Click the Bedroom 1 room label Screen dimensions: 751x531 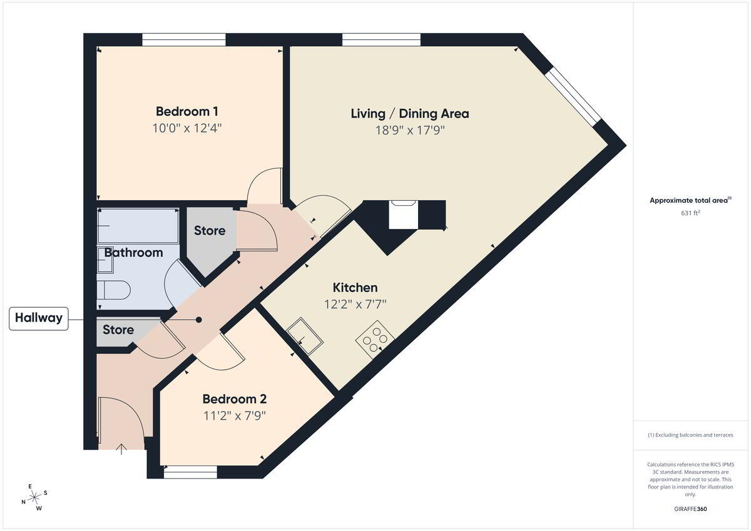click(187, 111)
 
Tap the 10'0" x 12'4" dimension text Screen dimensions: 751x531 click(187, 128)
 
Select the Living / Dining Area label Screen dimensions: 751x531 click(410, 114)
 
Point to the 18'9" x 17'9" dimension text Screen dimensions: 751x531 click(410, 130)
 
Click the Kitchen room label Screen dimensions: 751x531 click(355, 288)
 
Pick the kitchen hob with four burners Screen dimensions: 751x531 click(375, 340)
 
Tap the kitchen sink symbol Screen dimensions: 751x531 click(305, 336)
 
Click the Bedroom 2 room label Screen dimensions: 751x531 click(235, 399)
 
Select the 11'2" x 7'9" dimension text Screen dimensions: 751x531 click(235, 416)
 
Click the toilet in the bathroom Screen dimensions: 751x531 click(113, 290)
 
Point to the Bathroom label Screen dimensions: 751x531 click(133, 253)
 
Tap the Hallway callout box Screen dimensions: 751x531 click(39, 318)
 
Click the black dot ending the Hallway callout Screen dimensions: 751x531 click(199, 320)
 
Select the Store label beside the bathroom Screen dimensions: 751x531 click(210, 231)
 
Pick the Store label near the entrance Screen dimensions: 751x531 click(118, 330)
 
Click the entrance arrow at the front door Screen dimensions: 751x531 click(121, 449)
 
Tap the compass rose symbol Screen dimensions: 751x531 click(34, 497)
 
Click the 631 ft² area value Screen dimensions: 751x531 click(690, 213)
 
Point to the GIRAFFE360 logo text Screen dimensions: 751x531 click(690, 509)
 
